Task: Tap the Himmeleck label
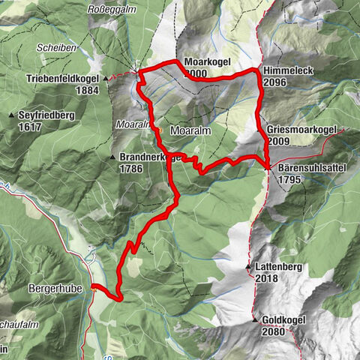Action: [286, 70]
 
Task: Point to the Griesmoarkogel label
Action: [300, 129]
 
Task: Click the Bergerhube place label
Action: [57, 287]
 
